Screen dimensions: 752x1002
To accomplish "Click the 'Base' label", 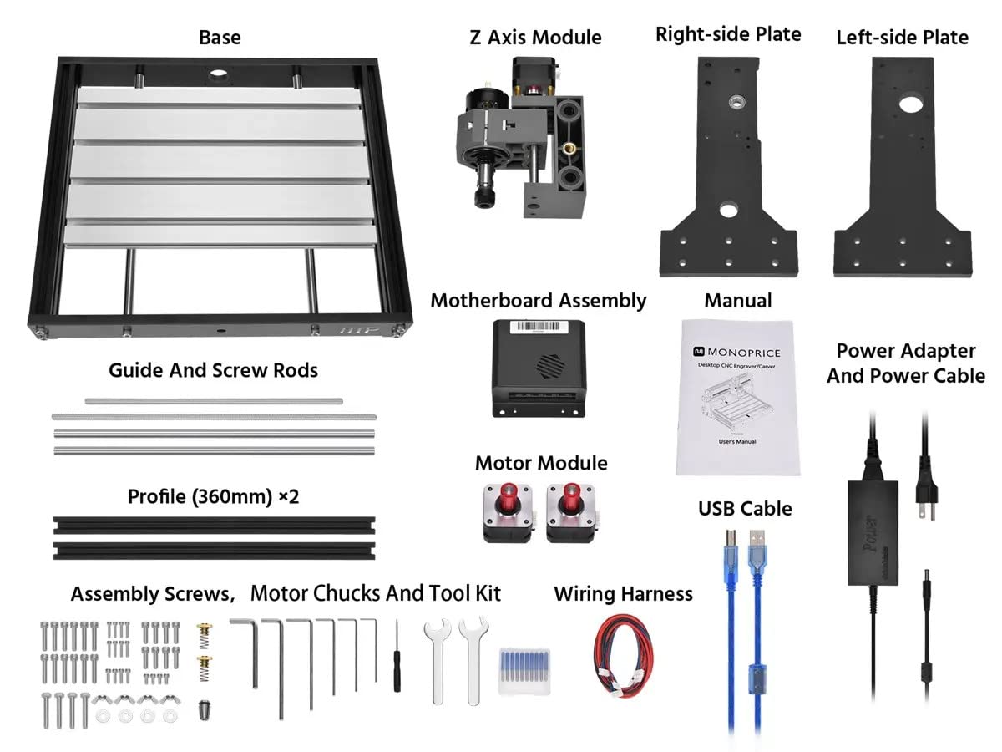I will [x=220, y=38].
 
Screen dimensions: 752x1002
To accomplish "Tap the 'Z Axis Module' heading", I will [x=535, y=38].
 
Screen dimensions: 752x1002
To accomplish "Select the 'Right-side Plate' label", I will [x=728, y=34].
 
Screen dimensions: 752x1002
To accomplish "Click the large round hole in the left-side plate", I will [x=908, y=106].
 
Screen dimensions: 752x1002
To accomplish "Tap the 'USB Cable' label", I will [x=745, y=508].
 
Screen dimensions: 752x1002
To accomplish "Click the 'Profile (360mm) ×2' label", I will [x=213, y=497].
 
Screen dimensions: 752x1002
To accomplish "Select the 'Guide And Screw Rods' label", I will [x=213, y=370].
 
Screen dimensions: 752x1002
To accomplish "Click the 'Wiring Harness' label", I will [x=623, y=594].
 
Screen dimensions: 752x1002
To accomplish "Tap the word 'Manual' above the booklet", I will [x=738, y=300].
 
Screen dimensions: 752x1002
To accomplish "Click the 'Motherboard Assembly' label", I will [x=539, y=301].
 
